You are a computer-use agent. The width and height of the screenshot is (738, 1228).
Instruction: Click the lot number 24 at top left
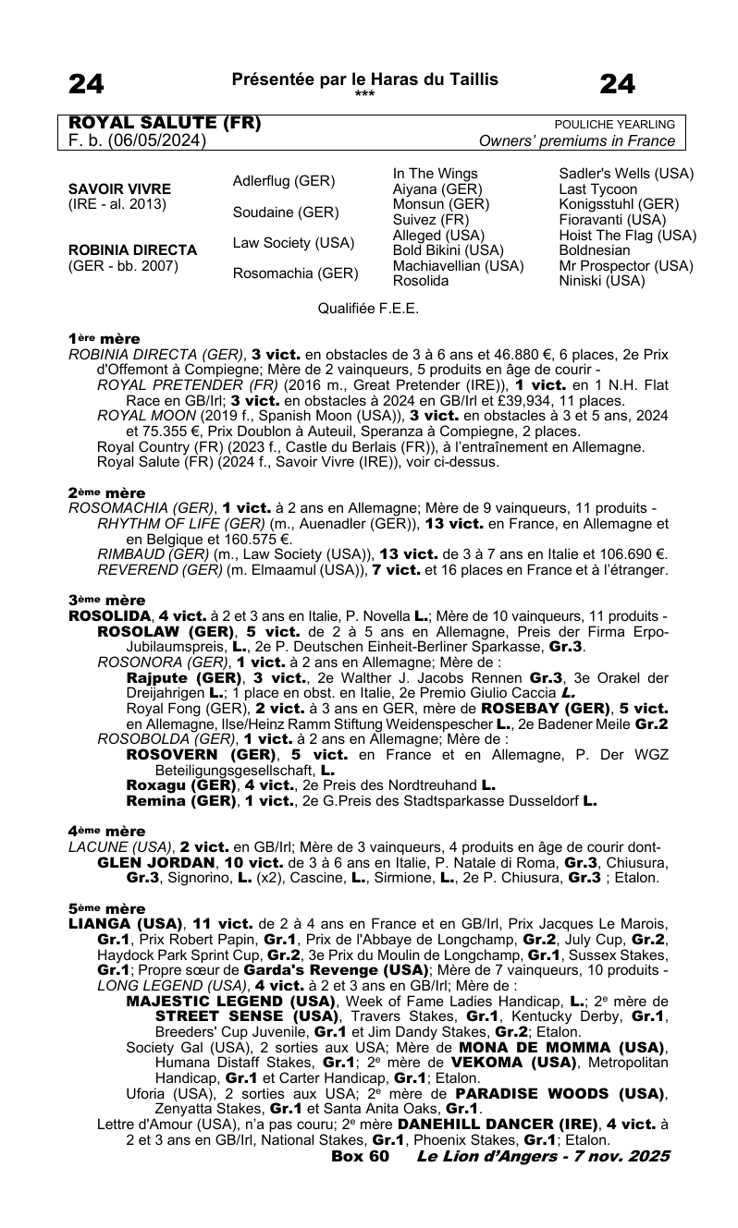click(x=86, y=85)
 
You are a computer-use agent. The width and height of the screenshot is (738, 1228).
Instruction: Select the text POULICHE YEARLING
click(x=614, y=125)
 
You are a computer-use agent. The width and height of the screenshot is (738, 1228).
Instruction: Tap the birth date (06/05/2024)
click(x=154, y=141)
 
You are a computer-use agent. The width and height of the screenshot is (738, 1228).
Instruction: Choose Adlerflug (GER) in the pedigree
click(x=283, y=181)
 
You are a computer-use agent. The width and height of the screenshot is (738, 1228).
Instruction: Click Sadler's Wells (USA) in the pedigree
click(x=626, y=174)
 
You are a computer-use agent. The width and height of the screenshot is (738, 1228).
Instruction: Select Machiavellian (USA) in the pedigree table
click(x=458, y=265)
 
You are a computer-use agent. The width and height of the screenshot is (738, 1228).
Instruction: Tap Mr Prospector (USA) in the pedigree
click(x=626, y=265)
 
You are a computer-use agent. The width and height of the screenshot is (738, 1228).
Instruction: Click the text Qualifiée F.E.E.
click(x=368, y=310)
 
